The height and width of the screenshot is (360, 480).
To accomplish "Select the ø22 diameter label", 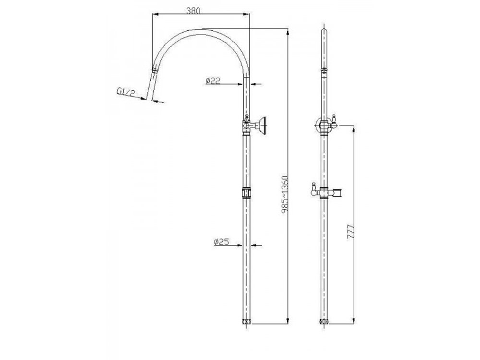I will pyautogui.click(x=212, y=82).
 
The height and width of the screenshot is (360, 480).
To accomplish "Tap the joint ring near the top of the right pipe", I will pyautogui.click(x=325, y=71).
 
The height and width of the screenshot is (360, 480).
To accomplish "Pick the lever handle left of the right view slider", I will pyautogui.click(x=312, y=189).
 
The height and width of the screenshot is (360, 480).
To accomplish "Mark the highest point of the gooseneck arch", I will pyautogui.click(x=202, y=30).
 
